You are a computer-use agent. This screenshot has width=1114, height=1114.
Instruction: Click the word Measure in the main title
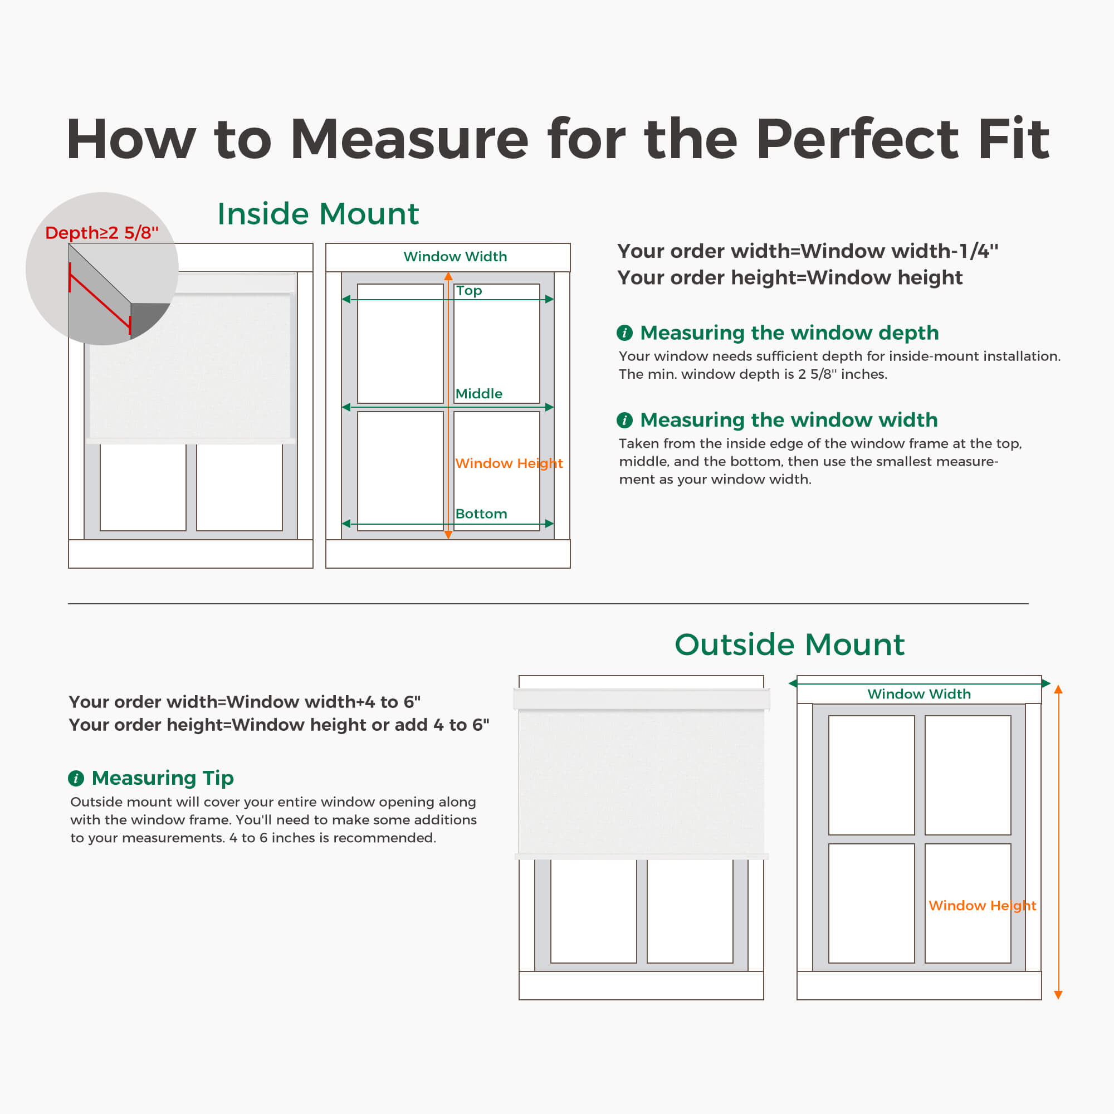click(409, 140)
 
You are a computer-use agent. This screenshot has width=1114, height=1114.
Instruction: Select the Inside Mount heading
click(317, 214)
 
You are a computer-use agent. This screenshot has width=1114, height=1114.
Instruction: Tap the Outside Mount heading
click(789, 644)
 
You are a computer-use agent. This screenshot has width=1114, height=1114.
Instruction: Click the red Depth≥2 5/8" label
click(101, 232)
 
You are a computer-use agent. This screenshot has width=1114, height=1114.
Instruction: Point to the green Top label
click(468, 291)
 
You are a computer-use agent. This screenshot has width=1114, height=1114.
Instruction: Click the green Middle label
click(478, 394)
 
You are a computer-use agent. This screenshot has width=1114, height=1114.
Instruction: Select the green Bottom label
click(481, 514)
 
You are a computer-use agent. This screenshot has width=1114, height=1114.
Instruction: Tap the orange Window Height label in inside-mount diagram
click(509, 463)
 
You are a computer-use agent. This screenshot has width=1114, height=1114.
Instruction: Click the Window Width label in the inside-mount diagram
click(455, 257)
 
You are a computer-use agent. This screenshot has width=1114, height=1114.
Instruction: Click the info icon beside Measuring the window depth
click(624, 333)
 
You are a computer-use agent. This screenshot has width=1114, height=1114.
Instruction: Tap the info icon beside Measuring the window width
click(624, 420)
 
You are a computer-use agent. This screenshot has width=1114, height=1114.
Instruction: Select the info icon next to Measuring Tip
click(76, 779)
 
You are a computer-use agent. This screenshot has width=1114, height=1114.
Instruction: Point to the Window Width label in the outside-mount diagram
click(918, 693)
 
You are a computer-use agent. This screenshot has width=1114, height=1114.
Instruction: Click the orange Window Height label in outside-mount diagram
click(982, 905)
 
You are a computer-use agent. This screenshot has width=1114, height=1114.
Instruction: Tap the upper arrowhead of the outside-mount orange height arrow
click(1058, 690)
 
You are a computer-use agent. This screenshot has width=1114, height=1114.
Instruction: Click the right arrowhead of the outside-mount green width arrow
click(1046, 683)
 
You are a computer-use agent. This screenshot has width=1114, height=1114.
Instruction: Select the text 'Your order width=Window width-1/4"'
click(807, 251)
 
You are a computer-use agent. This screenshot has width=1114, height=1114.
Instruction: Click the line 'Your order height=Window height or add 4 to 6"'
click(278, 725)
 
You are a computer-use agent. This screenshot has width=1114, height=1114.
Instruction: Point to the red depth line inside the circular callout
click(99, 304)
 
